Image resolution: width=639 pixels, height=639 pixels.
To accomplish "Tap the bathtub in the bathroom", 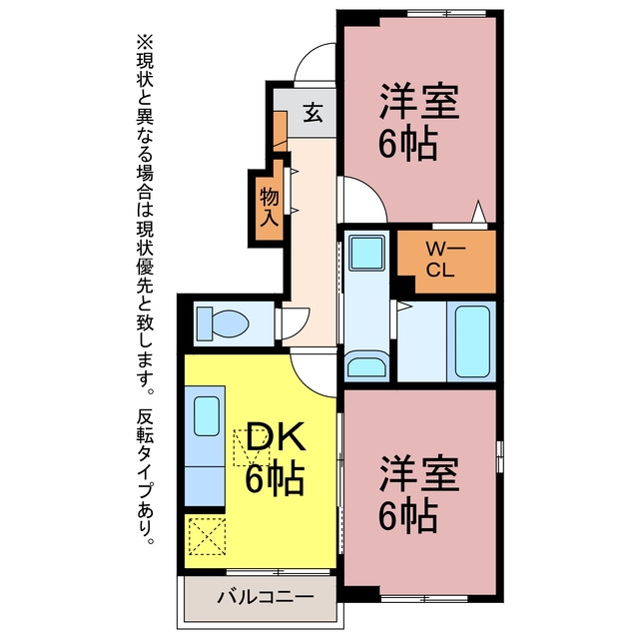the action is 472,341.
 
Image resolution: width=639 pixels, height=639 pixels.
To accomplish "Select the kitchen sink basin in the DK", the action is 207,416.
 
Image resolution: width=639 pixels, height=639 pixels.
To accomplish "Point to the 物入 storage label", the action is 270,207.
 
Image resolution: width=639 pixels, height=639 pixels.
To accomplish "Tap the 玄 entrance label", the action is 314,113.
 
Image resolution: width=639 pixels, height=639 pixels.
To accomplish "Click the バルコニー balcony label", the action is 266,597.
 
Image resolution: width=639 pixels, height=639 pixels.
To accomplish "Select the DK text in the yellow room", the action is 276,436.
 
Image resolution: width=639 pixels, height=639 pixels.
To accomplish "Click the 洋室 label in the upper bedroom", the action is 419,102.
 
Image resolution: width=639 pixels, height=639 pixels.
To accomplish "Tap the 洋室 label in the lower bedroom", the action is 419,474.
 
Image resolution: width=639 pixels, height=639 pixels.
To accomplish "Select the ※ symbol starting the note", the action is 146,42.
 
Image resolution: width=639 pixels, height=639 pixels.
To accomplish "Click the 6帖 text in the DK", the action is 275,478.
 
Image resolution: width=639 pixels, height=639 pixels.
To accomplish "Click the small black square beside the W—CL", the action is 406,284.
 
